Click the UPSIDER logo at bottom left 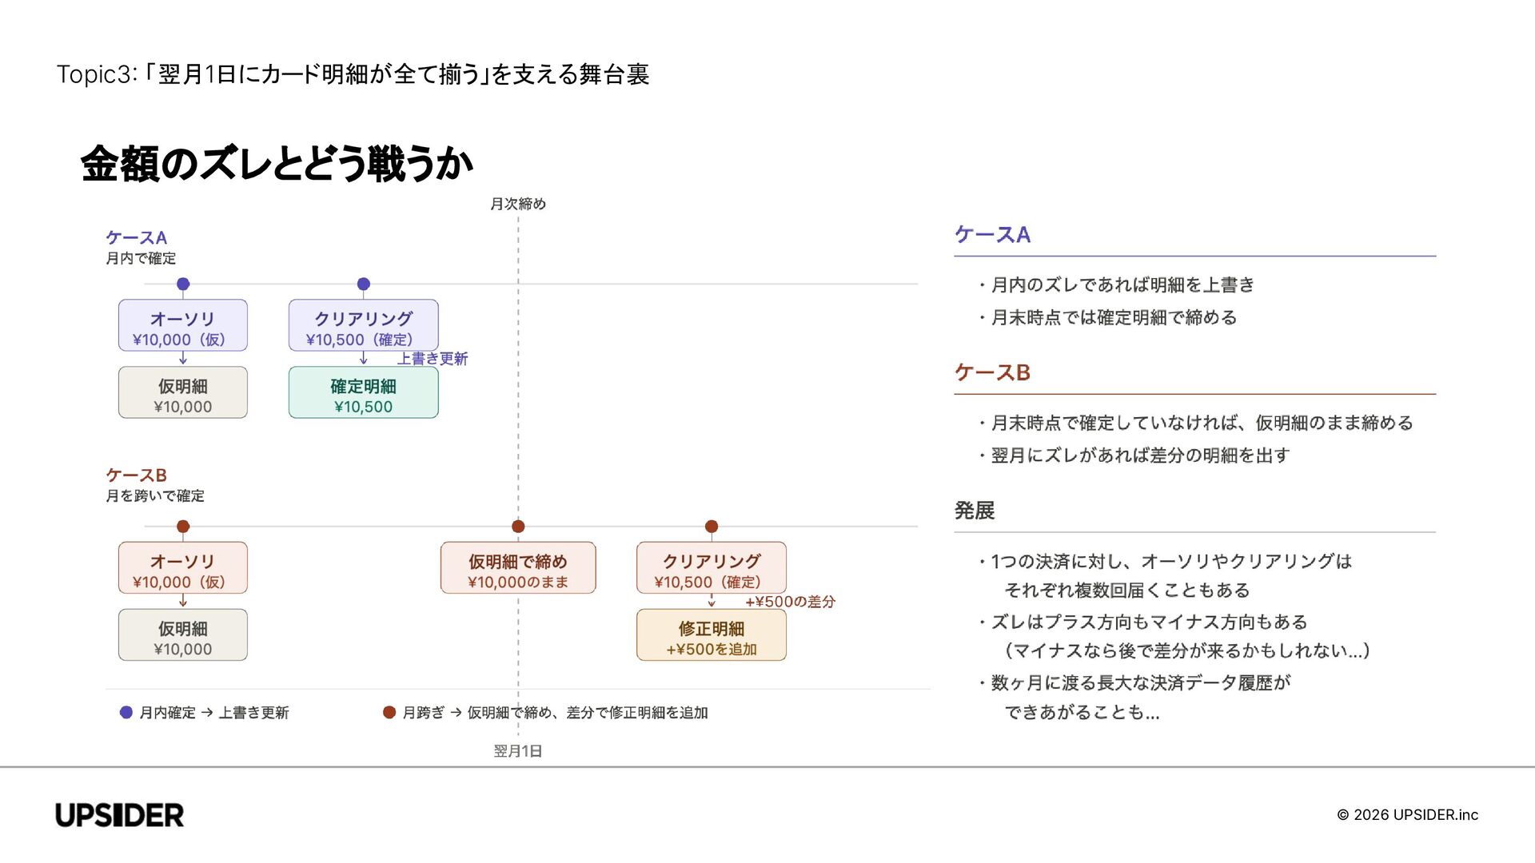(120, 815)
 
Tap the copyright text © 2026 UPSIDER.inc (1407, 815)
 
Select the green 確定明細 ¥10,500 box (363, 392)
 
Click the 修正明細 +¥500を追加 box (711, 635)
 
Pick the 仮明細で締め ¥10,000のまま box (518, 568)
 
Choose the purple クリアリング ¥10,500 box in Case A (363, 325)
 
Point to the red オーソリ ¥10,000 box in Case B (182, 568)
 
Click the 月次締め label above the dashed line (518, 204)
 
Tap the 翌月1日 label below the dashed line (518, 751)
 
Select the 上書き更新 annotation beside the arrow (433, 359)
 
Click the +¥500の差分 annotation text (790, 602)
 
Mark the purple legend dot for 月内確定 (126, 712)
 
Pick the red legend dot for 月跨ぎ (389, 712)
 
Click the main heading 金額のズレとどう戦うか (277, 164)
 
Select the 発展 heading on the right (975, 511)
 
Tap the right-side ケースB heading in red (992, 372)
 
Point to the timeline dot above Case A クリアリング (364, 284)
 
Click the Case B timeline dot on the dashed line (518, 527)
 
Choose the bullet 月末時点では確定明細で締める (1114, 317)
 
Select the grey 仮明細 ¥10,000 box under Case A (182, 392)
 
